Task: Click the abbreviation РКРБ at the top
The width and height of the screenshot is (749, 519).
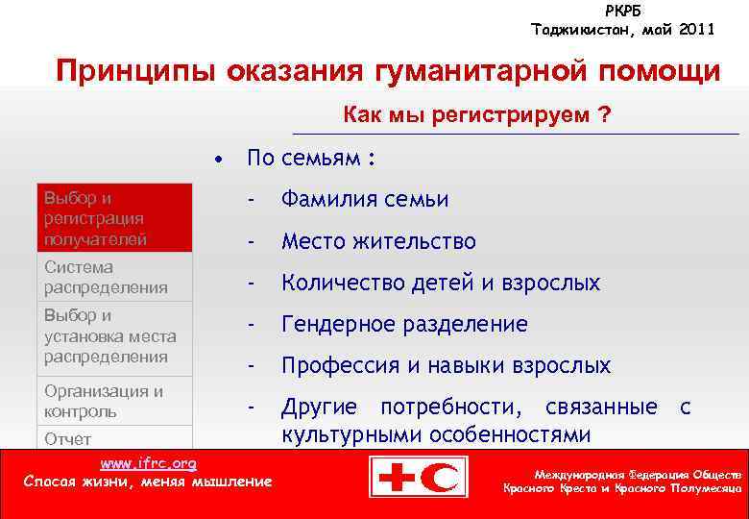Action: pos(623,11)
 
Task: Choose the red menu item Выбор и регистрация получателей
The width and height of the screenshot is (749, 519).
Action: pos(114,218)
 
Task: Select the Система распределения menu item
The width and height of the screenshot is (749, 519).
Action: pos(114,277)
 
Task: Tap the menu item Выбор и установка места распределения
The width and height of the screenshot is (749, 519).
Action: pos(114,336)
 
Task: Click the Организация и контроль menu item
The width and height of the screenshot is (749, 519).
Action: pos(114,402)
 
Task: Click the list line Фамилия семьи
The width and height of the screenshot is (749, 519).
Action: pos(364,200)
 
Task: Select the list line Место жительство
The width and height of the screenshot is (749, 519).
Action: pos(377,241)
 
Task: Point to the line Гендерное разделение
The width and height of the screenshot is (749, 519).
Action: pos(403,325)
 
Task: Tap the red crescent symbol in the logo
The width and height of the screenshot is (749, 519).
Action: pos(445,477)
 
